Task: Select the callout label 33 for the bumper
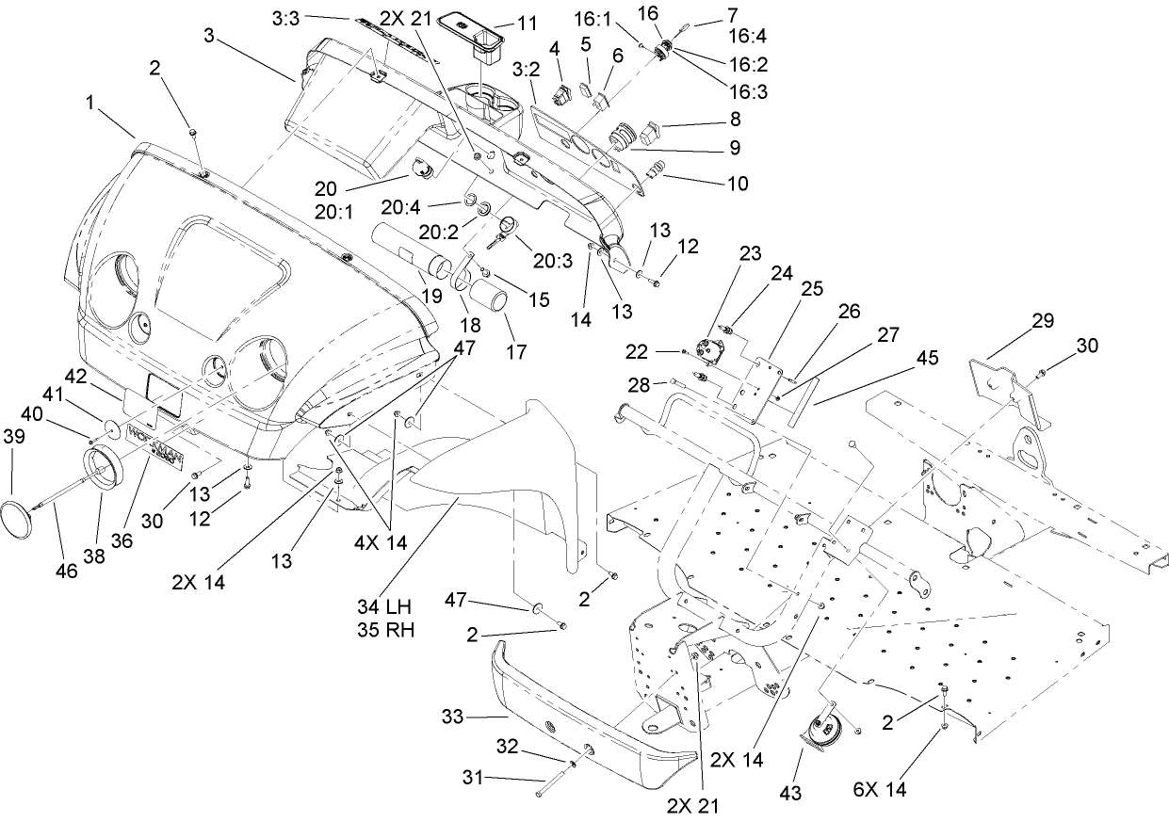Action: tap(453, 718)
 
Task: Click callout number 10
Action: tap(738, 184)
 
